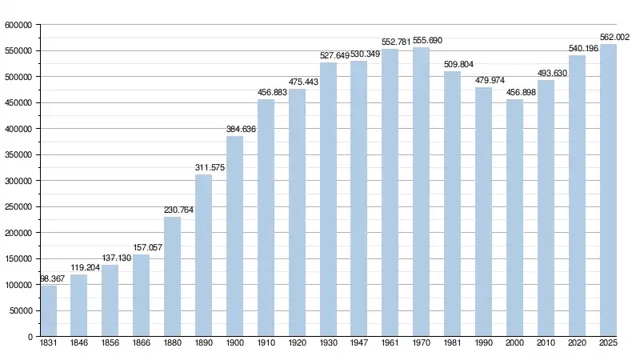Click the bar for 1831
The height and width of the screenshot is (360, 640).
pyautogui.click(x=48, y=310)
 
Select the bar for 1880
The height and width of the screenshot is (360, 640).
pyautogui.click(x=173, y=276)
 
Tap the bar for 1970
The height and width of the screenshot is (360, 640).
pyautogui.click(x=422, y=192)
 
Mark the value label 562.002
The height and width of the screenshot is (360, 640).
pyautogui.click(x=614, y=37)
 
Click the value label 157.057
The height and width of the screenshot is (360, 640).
pyautogui.click(x=147, y=247)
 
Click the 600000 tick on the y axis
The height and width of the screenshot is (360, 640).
pyautogui.click(x=18, y=25)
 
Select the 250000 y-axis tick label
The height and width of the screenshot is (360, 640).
pyautogui.click(x=18, y=206)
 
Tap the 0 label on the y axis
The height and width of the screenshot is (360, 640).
pyautogui.click(x=29, y=337)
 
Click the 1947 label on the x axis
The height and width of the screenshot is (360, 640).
pyautogui.click(x=359, y=344)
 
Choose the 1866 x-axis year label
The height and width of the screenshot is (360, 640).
pyautogui.click(x=142, y=344)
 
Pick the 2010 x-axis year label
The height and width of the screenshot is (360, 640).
pyautogui.click(x=546, y=344)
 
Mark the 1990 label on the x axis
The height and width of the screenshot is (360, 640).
pyautogui.click(x=483, y=344)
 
